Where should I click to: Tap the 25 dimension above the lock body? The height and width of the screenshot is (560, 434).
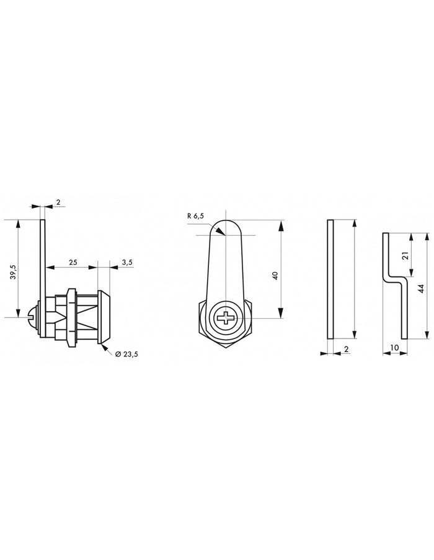(73, 262)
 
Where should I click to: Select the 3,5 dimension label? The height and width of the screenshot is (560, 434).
(126, 262)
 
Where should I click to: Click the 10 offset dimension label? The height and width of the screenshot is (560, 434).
(395, 348)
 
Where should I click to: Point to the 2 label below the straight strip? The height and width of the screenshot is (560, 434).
(346, 349)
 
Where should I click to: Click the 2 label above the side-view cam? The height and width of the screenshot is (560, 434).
(58, 202)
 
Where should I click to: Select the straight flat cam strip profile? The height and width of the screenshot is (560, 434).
(330, 279)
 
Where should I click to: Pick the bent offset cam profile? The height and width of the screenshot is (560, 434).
(394, 285)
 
